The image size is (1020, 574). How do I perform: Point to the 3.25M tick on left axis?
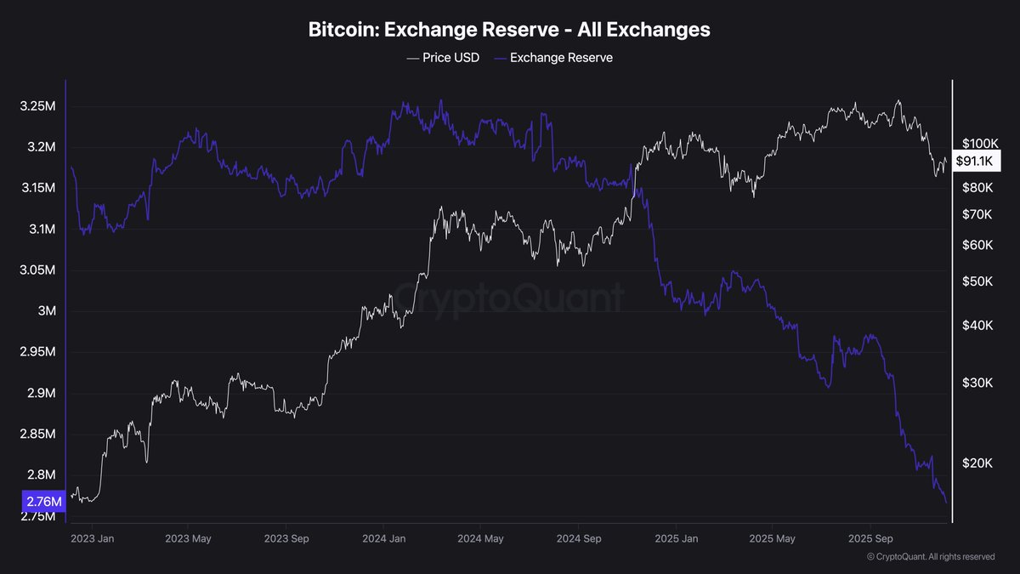[x=38, y=106]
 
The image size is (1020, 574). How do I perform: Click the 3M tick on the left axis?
[x=46, y=311]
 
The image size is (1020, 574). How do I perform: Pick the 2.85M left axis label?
[x=38, y=435]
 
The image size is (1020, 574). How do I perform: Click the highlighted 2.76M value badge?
[x=42, y=503]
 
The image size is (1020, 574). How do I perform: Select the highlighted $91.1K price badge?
[x=978, y=161]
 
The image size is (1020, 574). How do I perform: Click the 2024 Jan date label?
[x=384, y=539]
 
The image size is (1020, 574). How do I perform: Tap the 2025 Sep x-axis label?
[x=871, y=539]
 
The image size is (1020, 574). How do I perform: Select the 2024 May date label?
[x=480, y=539]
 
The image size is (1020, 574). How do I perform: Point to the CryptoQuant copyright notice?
[x=930, y=557]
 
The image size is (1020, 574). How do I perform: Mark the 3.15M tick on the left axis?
[x=38, y=188]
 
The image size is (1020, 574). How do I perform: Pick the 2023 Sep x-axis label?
[x=286, y=539]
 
